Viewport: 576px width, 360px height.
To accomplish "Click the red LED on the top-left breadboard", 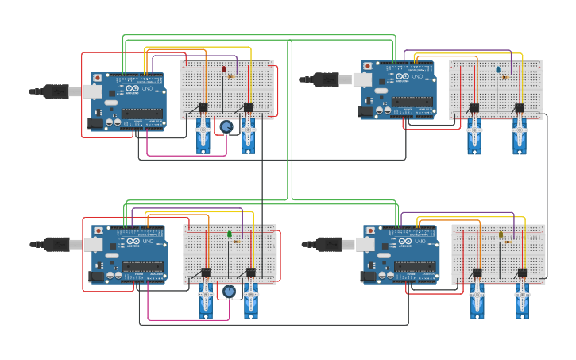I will [223, 69].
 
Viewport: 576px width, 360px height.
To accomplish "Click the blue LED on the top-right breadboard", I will [498, 69].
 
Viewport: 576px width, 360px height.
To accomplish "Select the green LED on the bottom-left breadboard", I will [230, 234].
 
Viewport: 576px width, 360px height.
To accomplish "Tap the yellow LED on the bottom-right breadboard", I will [501, 234].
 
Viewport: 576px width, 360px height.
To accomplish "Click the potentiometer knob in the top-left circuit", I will [226, 127].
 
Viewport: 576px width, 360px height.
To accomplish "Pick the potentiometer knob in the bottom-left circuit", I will [229, 292].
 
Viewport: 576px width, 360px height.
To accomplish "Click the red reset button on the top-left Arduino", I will [98, 78].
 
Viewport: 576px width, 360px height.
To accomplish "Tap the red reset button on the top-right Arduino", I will [368, 66].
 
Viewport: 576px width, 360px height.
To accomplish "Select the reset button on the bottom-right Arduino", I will [370, 231].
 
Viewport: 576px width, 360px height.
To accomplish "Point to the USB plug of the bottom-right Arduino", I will [329, 244].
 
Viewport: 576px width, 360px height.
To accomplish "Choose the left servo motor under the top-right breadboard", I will [474, 135].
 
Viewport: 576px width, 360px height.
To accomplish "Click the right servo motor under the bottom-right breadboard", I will [522, 300].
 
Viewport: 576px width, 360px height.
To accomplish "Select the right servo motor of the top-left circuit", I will [249, 135].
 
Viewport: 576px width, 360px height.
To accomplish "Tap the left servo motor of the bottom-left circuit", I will [206, 300].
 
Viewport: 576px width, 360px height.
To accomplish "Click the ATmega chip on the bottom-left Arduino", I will [144, 267].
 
